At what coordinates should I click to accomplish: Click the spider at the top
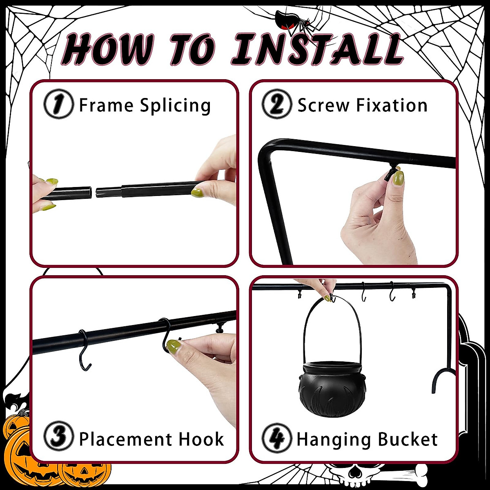click(x=291, y=20)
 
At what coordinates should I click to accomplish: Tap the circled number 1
click(x=58, y=105)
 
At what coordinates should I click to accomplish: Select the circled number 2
click(x=277, y=105)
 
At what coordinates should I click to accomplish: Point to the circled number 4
click(x=277, y=439)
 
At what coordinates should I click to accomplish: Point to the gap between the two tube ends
click(x=94, y=192)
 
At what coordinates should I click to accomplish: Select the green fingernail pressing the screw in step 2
click(x=398, y=178)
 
